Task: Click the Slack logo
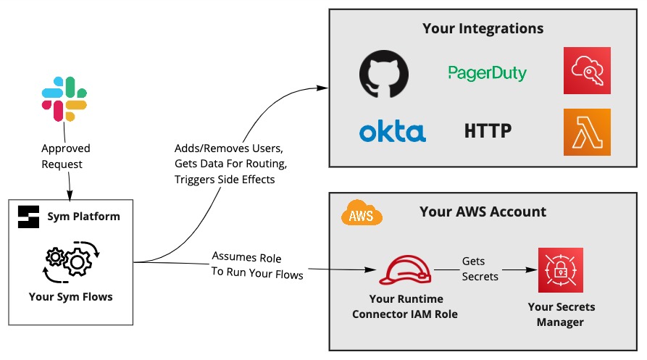tap(64, 99)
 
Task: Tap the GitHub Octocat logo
tap(384, 74)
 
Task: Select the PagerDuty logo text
tap(488, 73)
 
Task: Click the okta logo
tap(393, 132)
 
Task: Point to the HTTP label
tap(488, 131)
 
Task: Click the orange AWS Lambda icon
tap(587, 132)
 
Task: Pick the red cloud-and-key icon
tap(587, 70)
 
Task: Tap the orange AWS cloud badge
tap(362, 213)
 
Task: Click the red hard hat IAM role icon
tap(405, 269)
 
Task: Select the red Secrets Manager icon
tap(560, 270)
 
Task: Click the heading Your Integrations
tap(483, 28)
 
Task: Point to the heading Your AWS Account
tap(483, 212)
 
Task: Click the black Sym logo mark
tap(28, 217)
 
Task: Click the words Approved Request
tap(66, 156)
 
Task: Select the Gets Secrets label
tap(480, 269)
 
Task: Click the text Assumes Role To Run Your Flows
tap(257, 265)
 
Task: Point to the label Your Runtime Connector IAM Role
tap(405, 306)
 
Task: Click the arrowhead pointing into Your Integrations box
tap(322, 88)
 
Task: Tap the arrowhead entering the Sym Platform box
tap(70, 196)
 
